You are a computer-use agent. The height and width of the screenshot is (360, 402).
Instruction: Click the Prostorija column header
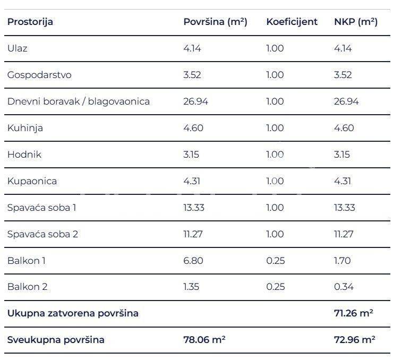(30, 22)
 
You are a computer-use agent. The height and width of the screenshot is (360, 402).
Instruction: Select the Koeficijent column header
(292, 22)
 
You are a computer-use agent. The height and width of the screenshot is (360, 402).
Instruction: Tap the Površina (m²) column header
(215, 22)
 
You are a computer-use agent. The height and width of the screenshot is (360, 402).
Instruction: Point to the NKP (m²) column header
(356, 22)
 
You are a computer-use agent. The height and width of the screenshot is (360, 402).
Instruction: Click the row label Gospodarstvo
(39, 75)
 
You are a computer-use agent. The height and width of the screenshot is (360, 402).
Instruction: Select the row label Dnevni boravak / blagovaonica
(79, 101)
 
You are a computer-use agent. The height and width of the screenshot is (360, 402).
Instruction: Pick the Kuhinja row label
(25, 128)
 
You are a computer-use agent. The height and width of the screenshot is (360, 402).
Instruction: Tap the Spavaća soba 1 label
(42, 207)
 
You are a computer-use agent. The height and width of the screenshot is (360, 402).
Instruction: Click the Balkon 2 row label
(28, 287)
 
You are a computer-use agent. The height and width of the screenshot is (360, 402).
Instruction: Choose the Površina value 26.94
(195, 101)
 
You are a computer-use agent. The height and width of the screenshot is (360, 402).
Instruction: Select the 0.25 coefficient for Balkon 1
(275, 260)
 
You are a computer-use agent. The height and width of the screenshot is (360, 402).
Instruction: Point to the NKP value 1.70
(343, 260)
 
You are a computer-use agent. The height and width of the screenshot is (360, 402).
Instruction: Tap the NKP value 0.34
(344, 287)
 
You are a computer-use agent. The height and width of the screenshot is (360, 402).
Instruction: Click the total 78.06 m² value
(204, 340)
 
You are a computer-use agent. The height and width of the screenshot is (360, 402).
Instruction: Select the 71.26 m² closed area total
(353, 313)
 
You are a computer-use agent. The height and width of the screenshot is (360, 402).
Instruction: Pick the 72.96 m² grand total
(353, 340)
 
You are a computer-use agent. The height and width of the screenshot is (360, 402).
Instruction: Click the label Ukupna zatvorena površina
(73, 313)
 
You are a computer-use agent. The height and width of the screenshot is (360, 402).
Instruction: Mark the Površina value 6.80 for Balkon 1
(193, 260)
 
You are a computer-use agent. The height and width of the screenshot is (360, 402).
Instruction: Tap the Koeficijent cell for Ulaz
(275, 48)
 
